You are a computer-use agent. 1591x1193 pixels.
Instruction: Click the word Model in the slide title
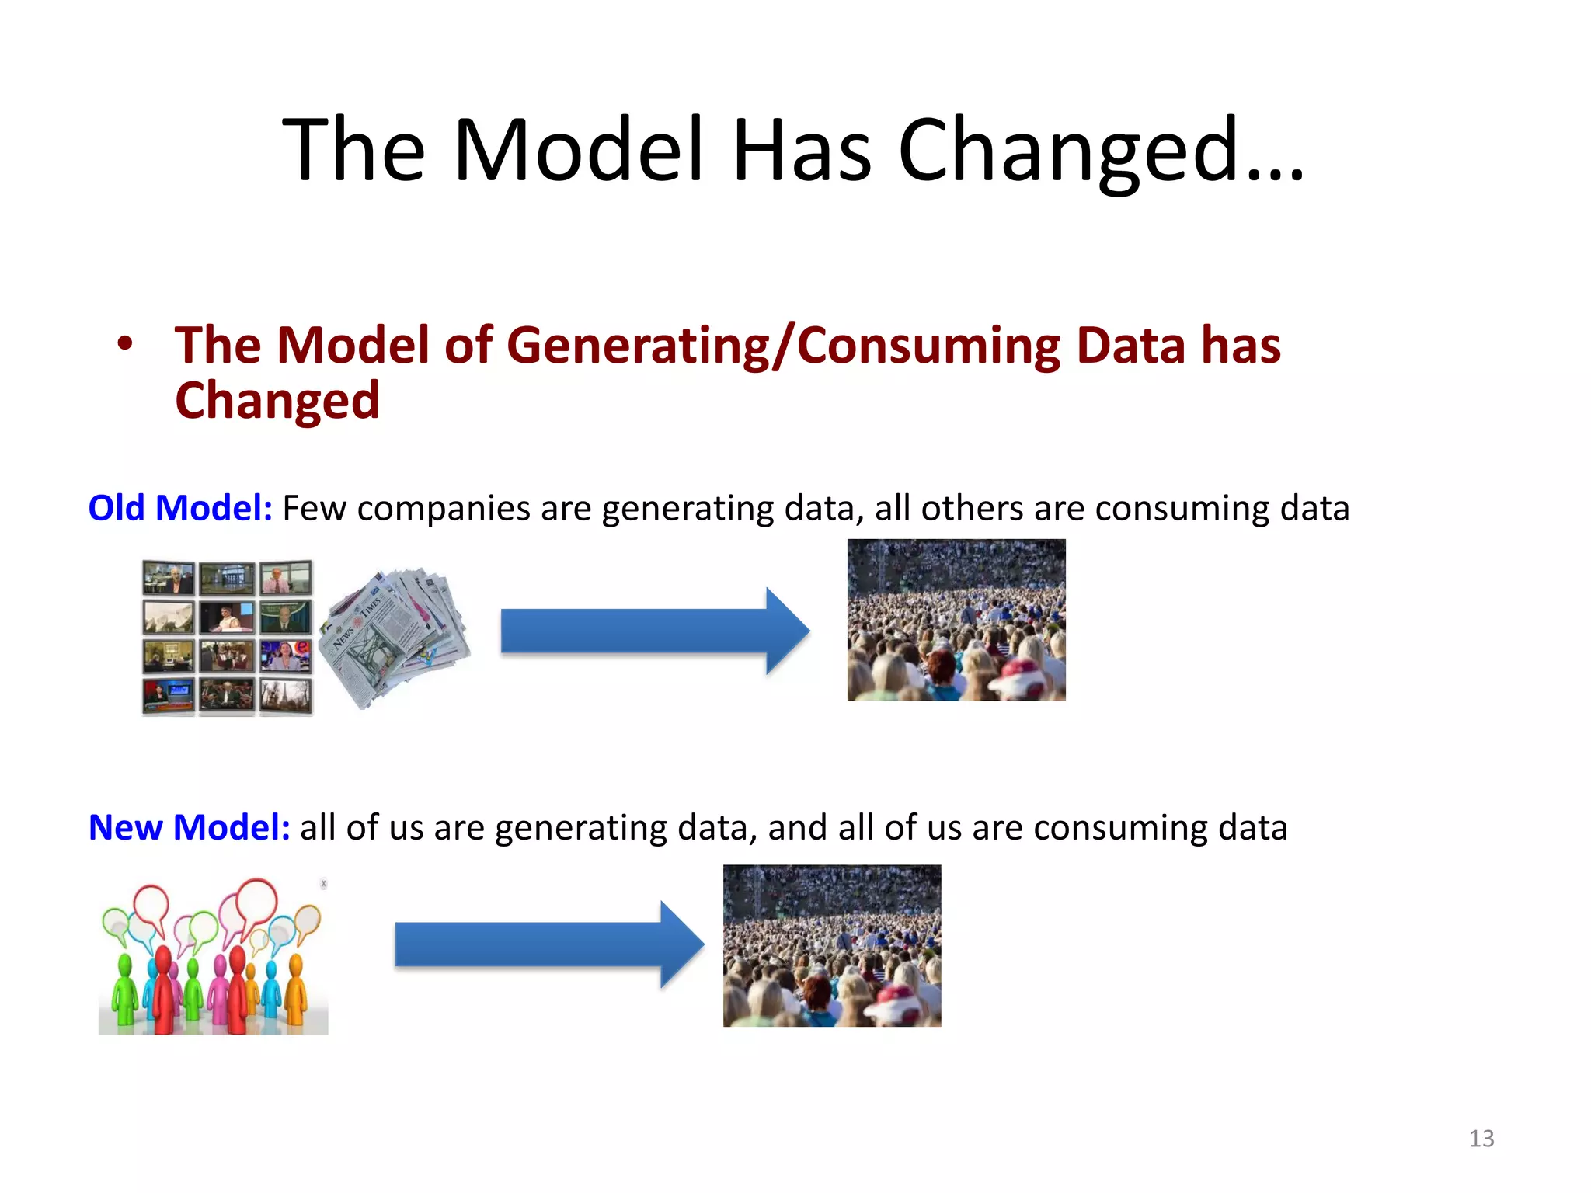tap(578, 149)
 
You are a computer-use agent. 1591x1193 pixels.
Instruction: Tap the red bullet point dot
tap(125, 343)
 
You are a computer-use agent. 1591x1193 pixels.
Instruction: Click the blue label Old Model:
tap(180, 508)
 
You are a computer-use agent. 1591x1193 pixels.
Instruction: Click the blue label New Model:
tap(189, 827)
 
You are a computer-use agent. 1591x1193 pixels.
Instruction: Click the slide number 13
tap(1481, 1139)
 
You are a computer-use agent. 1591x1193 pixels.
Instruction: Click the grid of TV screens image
tap(227, 637)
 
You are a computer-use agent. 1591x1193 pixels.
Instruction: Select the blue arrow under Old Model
tap(654, 631)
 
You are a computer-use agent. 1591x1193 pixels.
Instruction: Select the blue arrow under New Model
tap(548, 944)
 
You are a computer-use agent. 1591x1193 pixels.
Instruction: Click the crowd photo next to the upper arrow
tap(956, 620)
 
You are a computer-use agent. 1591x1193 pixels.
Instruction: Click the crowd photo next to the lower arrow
tap(831, 945)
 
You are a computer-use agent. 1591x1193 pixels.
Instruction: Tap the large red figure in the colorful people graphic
tap(163, 990)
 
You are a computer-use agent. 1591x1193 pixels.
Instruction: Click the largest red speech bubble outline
tap(256, 901)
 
